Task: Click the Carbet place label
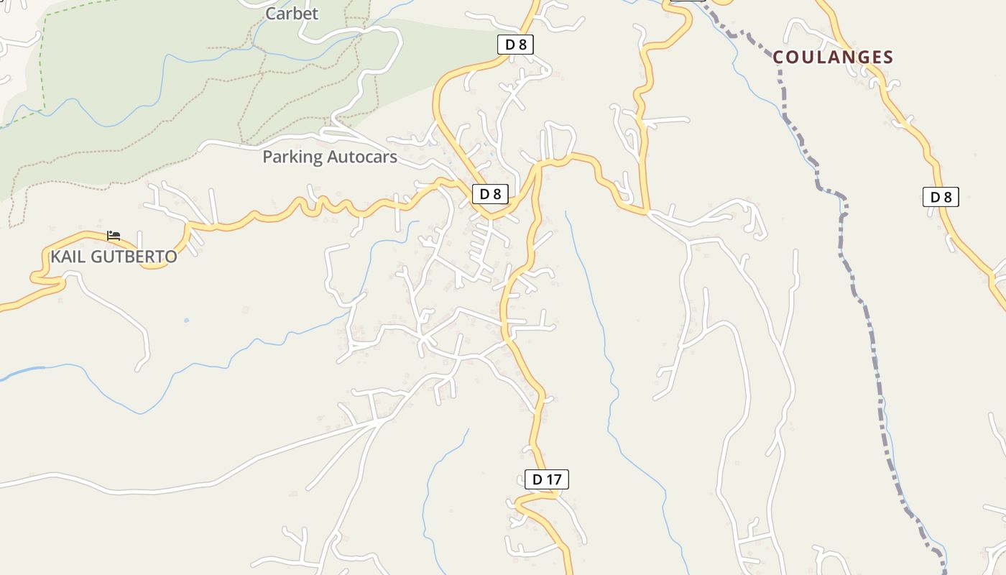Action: (292, 14)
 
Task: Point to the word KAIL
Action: (66, 257)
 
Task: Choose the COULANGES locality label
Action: (833, 57)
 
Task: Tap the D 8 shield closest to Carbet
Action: (515, 45)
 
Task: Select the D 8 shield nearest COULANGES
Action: (940, 197)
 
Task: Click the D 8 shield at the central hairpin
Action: (490, 193)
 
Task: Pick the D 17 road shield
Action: (546, 479)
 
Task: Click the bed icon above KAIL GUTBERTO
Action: (113, 235)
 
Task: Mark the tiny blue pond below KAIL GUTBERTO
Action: (186, 320)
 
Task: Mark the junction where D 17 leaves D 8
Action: (537, 167)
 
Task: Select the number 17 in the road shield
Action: (554, 479)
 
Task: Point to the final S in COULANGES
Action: (887, 57)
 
